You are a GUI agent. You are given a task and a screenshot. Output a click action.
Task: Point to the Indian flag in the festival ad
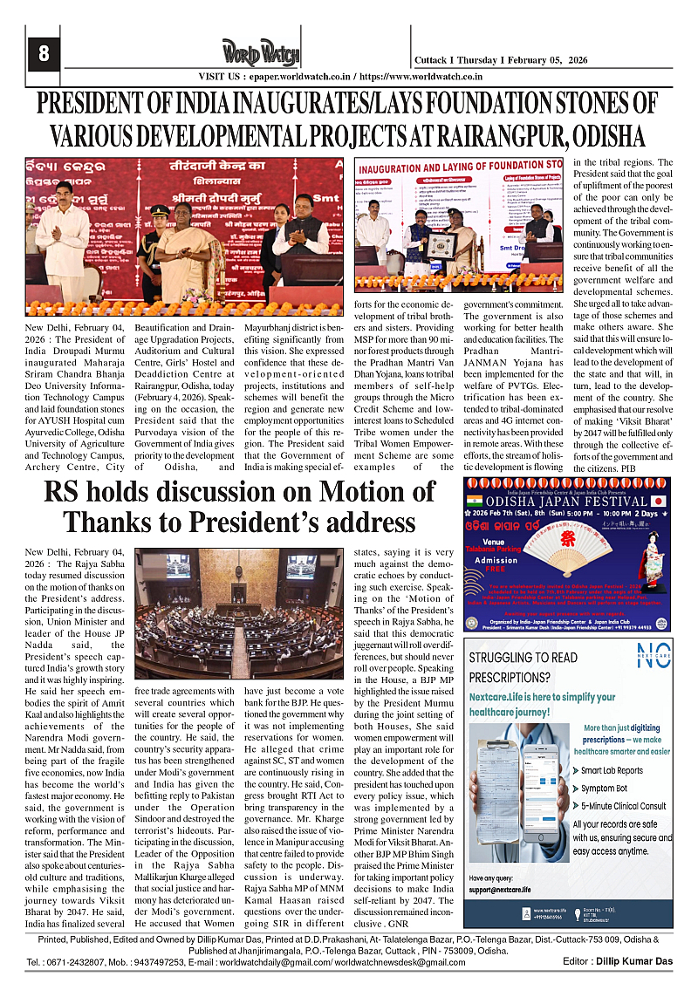tap(474, 502)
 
